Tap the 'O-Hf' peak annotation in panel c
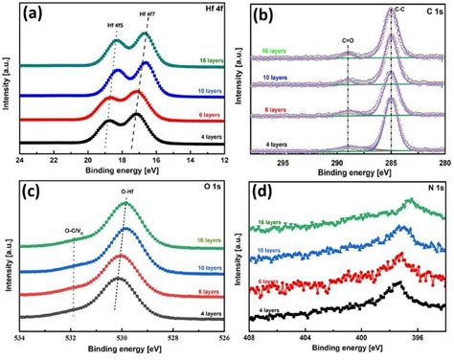(127, 191)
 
